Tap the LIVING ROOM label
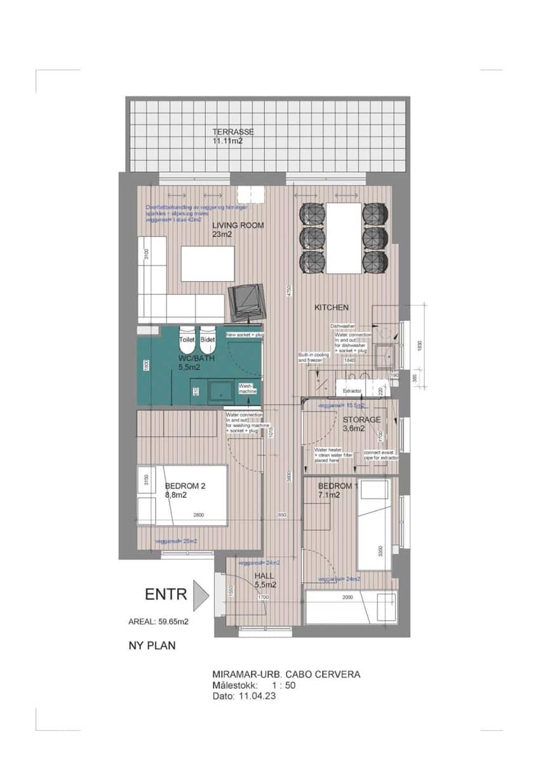[x=238, y=225]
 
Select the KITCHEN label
[x=332, y=307]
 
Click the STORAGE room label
[x=361, y=420]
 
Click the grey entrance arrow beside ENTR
[x=201, y=595]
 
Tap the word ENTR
[x=166, y=594]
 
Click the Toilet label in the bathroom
[x=187, y=340]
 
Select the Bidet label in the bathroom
[x=207, y=340]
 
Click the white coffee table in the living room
[x=208, y=264]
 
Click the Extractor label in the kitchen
[x=352, y=391]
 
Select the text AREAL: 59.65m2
[x=158, y=622]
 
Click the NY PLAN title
[x=152, y=646]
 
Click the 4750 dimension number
[x=287, y=291]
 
